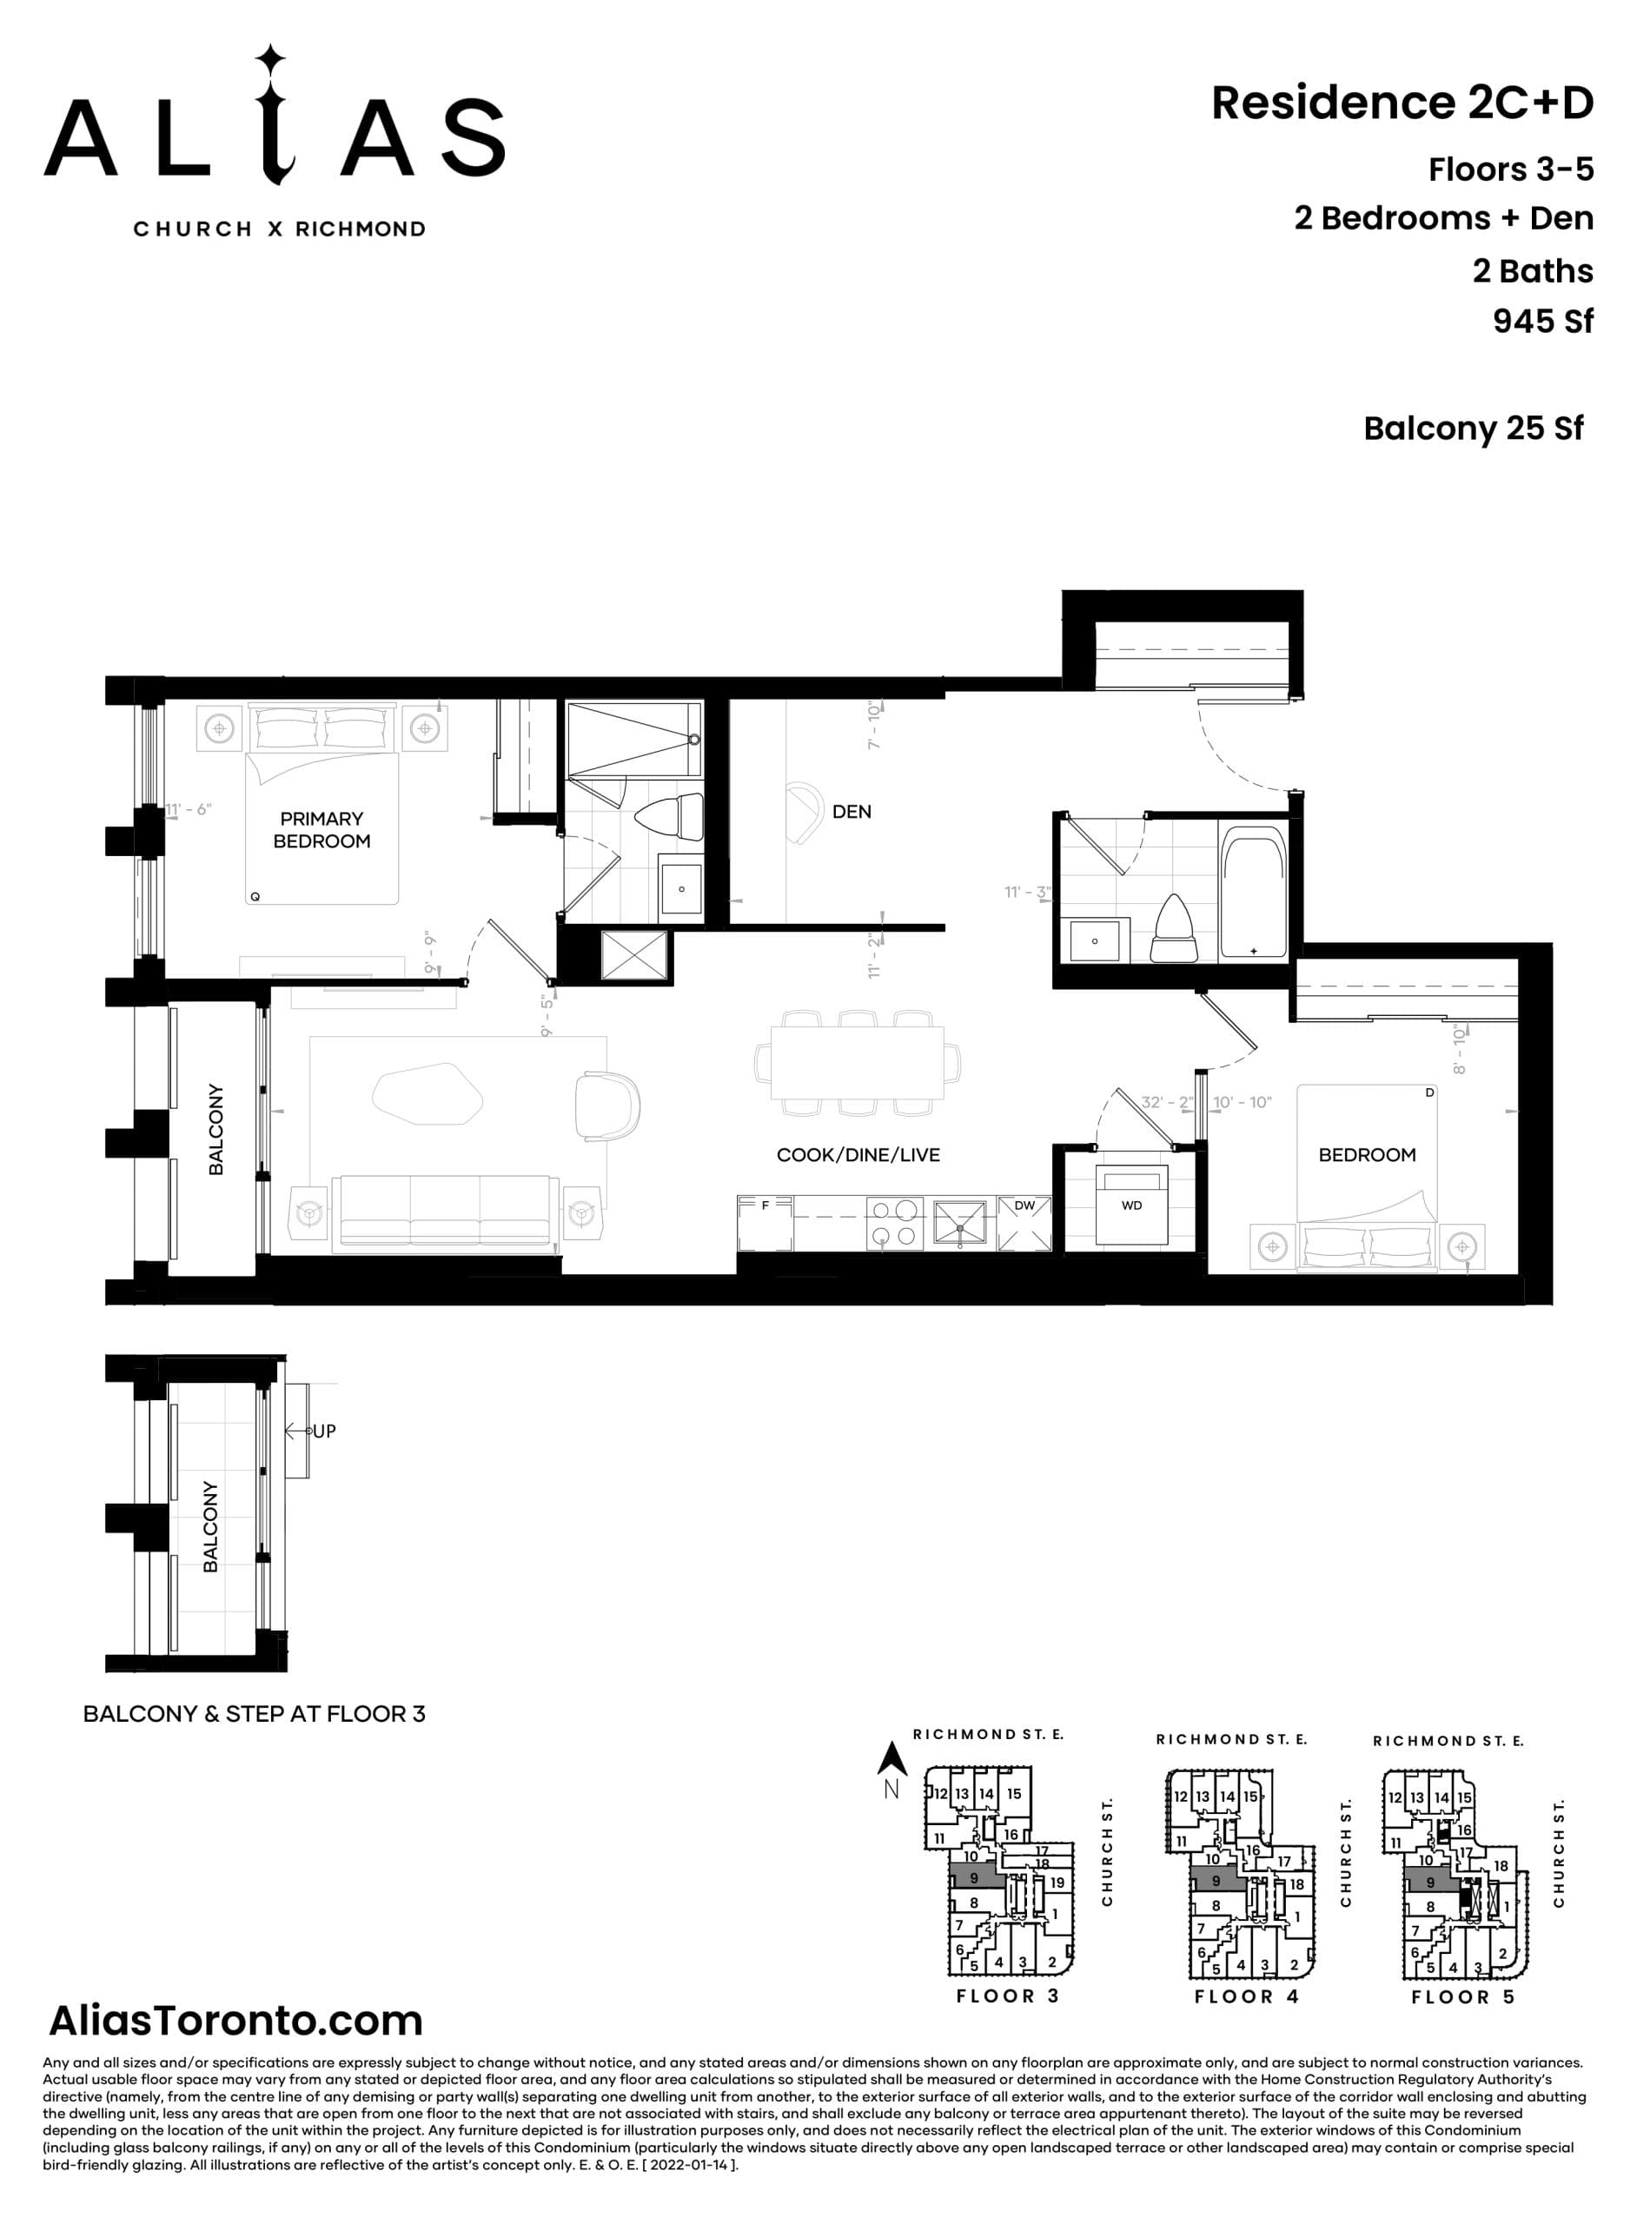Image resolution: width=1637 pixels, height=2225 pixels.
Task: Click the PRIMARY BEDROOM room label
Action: coord(321,829)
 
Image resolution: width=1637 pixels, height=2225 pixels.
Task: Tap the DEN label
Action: coord(852,812)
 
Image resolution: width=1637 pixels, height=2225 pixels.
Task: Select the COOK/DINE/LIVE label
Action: coord(858,1154)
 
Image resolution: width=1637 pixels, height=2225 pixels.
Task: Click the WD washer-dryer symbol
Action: coord(1131,1205)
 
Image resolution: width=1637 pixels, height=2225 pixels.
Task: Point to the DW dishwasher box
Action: coord(1024,1224)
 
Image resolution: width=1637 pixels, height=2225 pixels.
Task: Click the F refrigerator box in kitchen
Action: coord(765,1222)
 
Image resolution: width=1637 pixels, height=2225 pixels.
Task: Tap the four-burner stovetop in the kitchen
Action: coord(894,1222)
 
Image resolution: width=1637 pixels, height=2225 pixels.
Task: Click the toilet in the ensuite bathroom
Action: coord(668,819)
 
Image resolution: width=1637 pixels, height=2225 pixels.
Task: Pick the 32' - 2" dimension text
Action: coord(1166,1102)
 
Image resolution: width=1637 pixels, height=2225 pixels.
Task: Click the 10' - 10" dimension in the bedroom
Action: coord(1242,1102)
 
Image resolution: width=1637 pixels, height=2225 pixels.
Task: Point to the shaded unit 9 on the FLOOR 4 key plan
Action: coord(1215,1880)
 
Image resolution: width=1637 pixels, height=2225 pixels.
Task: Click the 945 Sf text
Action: coord(1542,321)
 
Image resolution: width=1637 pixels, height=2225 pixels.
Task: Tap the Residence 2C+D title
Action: coord(1402,103)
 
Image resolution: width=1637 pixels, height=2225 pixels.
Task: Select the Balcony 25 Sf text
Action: coord(1473,428)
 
